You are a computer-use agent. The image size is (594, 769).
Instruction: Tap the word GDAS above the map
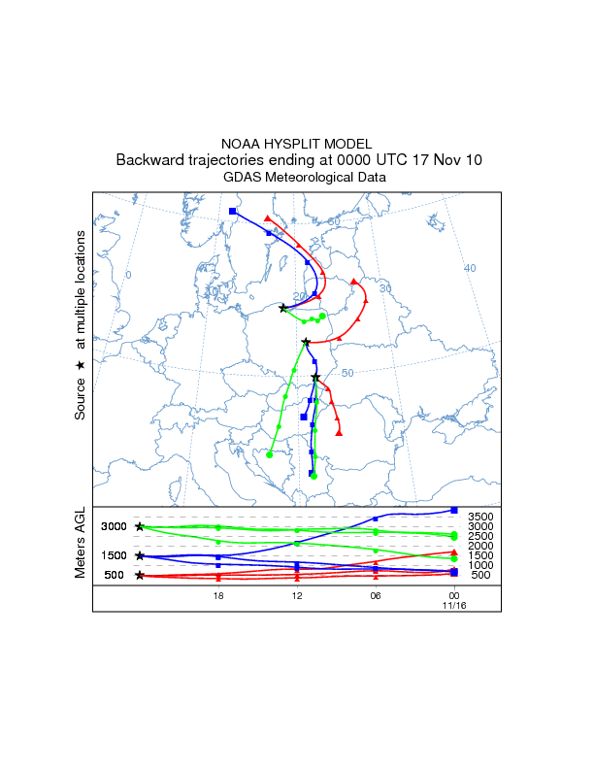pos(242,178)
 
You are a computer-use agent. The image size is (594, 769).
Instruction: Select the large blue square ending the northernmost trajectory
pos(233,211)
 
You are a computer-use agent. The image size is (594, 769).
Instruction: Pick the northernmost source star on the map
pos(283,308)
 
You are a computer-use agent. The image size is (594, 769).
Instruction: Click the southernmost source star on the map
pos(315,377)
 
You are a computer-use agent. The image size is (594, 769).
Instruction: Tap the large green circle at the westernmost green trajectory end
pos(270,454)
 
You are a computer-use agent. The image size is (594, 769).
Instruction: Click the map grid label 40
pos(470,268)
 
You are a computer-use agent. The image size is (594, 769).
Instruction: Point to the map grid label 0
pos(128,275)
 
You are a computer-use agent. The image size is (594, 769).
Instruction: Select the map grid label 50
pos(348,373)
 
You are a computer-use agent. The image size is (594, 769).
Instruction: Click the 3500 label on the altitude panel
pos(482,518)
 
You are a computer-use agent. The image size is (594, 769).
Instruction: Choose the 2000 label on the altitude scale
pos(482,546)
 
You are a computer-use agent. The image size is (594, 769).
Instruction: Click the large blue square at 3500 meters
pos(454,510)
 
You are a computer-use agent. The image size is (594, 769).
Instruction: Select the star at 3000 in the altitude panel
pos(140,526)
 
